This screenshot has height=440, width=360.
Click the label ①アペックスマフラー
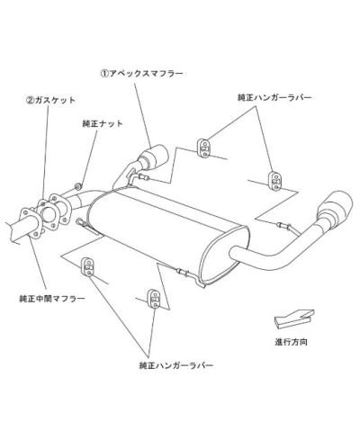(x=141, y=74)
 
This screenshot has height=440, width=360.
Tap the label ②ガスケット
(x=50, y=100)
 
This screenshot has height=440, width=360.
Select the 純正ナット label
(x=103, y=123)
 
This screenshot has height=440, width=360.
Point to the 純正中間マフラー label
(x=52, y=299)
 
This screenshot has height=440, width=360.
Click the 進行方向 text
(x=291, y=342)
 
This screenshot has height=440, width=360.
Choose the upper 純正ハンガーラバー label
(x=274, y=97)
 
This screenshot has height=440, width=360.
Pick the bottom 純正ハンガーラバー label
(x=176, y=365)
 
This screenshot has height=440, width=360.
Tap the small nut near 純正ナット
(x=77, y=186)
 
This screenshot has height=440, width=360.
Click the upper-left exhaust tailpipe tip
(x=154, y=157)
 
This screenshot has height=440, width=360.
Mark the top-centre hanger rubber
(x=203, y=148)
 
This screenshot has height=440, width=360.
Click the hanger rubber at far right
(x=275, y=180)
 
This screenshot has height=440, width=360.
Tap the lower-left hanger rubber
(x=88, y=266)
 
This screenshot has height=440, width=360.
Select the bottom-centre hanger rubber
(x=154, y=299)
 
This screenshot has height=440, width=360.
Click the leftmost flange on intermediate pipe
(x=31, y=223)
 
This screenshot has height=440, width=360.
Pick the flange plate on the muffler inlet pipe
(x=60, y=209)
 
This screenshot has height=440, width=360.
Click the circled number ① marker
(x=103, y=74)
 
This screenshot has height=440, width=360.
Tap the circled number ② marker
(x=30, y=100)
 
